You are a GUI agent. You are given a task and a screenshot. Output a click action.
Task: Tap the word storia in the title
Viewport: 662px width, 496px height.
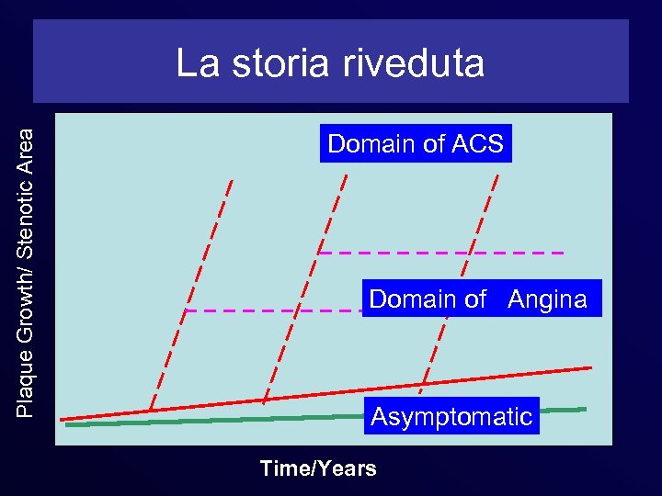[x=272, y=63]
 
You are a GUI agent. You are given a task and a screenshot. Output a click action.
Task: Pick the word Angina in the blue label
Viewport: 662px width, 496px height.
[x=547, y=299]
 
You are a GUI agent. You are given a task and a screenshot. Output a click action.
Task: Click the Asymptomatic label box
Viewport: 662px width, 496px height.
[x=451, y=417]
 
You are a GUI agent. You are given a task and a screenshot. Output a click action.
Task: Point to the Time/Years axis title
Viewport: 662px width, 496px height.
[x=318, y=468]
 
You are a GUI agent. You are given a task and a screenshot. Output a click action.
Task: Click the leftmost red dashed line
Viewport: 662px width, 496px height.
[x=190, y=294]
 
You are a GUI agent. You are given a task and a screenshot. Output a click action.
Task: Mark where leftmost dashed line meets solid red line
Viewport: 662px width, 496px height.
[x=151, y=411]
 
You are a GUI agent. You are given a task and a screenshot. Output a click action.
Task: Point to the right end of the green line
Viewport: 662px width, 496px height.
[x=584, y=409]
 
